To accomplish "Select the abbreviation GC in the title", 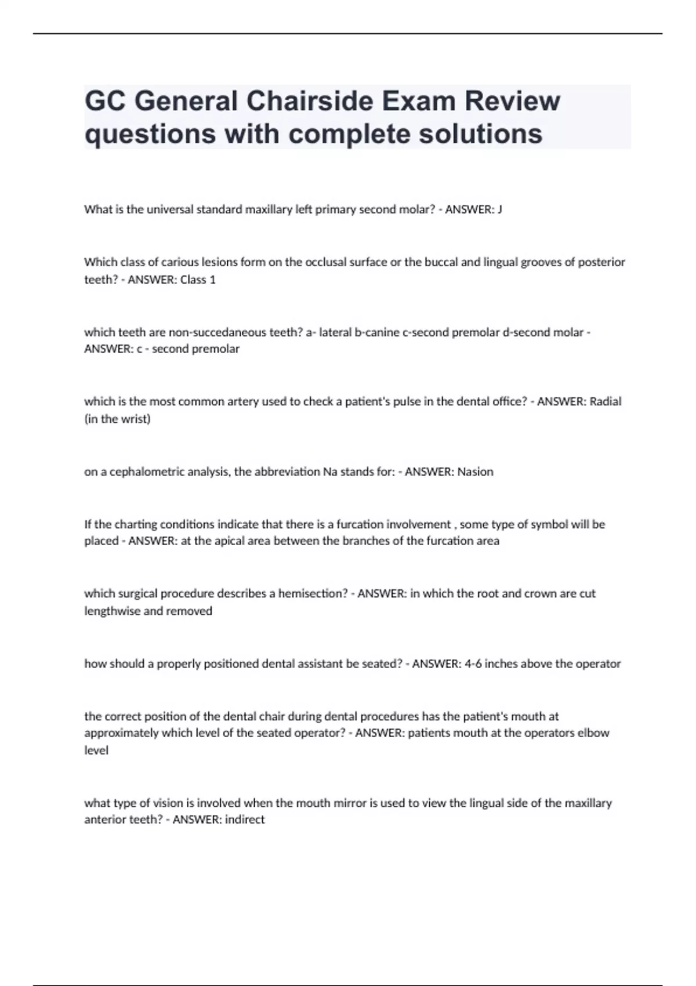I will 104,101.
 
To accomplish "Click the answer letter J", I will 500,209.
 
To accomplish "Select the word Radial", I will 606,401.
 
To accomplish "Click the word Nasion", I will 475,472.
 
